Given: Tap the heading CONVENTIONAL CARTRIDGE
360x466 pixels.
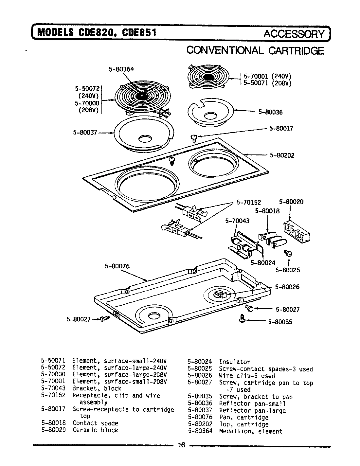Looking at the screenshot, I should [255, 51].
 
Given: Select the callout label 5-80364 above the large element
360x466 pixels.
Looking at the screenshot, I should [121, 69].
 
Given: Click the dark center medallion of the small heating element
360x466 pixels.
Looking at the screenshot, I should [207, 77].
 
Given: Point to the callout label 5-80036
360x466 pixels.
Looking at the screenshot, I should [270, 112].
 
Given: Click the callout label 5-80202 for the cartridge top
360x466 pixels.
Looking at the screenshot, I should [282, 155].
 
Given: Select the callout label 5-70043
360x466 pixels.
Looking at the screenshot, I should [237, 221].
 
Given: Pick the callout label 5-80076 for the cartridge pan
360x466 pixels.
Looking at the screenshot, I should [117, 266].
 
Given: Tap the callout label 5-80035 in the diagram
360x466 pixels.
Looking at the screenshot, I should [280, 322].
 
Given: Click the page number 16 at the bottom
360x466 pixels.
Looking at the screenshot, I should [182, 445].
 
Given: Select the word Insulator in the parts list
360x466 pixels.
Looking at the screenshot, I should [234, 362].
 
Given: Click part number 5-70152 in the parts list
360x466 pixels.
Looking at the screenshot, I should [53, 395].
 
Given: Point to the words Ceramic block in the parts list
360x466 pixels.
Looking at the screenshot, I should [95, 430].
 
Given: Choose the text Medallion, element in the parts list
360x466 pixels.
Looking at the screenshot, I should [250, 431].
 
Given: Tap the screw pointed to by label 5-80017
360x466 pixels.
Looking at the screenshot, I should [193, 138].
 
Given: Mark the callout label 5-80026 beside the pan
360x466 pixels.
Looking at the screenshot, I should [287, 287].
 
